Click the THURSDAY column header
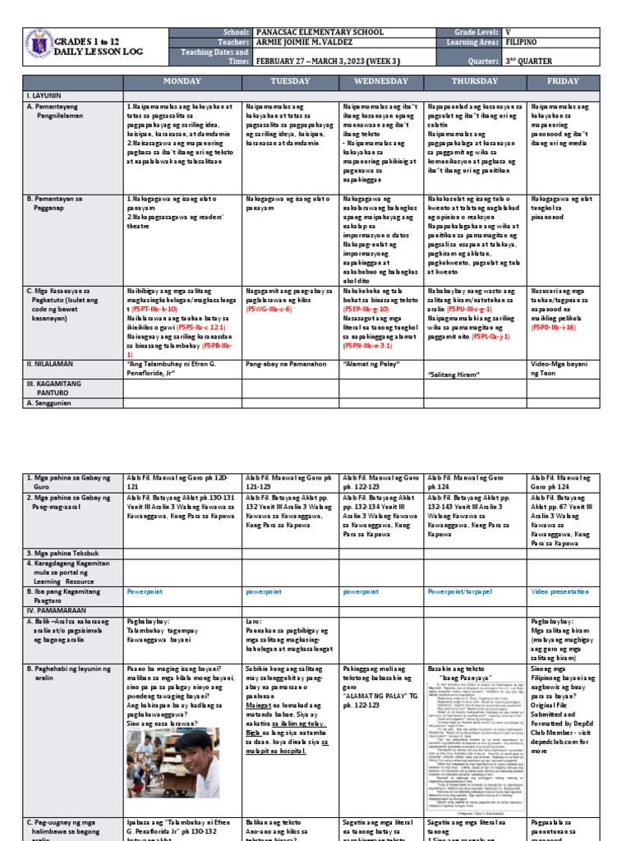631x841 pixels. pos(476,81)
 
